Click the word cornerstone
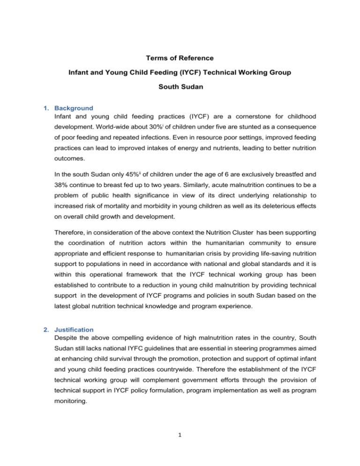click(x=262, y=127)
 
